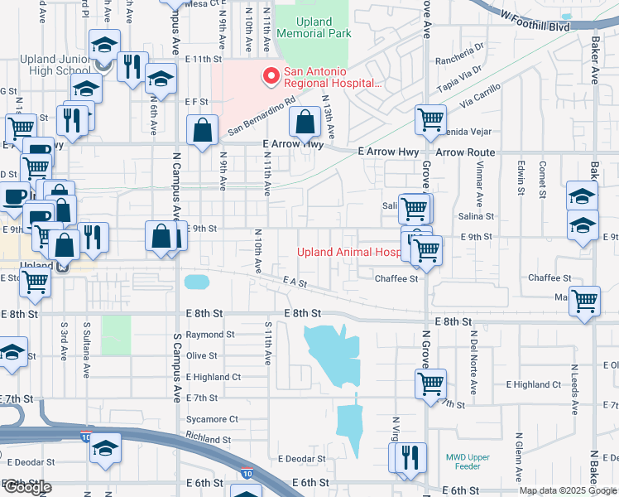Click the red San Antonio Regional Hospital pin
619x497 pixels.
pyautogui.click(x=270, y=77)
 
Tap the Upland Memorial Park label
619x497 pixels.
pyautogui.click(x=314, y=27)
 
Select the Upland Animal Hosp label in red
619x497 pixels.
pyautogui.click(x=348, y=252)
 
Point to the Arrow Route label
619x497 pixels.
pyautogui.click(x=465, y=152)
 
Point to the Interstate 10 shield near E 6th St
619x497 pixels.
pyautogui.click(x=247, y=473)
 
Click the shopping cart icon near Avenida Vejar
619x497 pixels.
pyautogui.click(x=431, y=121)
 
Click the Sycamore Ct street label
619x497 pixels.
pyautogui.click(x=212, y=419)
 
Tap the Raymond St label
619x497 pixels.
pyautogui.click(x=210, y=335)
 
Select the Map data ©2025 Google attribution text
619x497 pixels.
pyautogui.click(x=568, y=490)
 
